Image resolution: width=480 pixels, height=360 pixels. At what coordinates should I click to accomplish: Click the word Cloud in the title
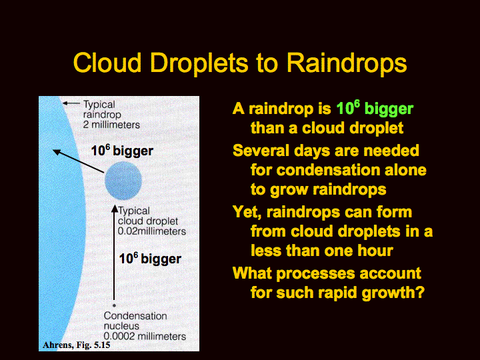point(107,63)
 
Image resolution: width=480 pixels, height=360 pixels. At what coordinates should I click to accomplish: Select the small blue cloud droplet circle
point(123,181)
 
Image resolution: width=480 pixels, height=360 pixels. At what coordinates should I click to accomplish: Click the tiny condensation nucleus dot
point(114,305)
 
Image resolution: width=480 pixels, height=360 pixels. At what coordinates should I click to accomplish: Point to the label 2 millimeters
point(111,125)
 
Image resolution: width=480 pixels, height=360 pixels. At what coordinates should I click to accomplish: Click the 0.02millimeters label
point(152,231)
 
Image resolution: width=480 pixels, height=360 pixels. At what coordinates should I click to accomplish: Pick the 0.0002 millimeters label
point(145,336)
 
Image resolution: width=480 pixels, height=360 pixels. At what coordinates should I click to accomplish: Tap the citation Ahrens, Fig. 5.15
point(77,345)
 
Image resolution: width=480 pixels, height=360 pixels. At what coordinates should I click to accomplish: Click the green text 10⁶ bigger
point(375,108)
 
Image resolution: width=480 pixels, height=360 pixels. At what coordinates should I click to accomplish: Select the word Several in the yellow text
point(259,151)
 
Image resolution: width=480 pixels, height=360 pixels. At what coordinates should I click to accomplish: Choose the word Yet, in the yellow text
point(247,213)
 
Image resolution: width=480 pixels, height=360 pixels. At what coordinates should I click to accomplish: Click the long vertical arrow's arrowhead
point(115,209)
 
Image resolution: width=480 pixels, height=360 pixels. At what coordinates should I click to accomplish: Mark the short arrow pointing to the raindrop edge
point(71,103)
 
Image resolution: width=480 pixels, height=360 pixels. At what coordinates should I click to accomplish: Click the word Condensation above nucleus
point(135,315)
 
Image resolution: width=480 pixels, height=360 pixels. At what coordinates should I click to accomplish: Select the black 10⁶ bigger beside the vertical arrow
point(150,259)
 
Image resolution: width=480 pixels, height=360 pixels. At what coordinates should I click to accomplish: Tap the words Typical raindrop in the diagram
point(102,109)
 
